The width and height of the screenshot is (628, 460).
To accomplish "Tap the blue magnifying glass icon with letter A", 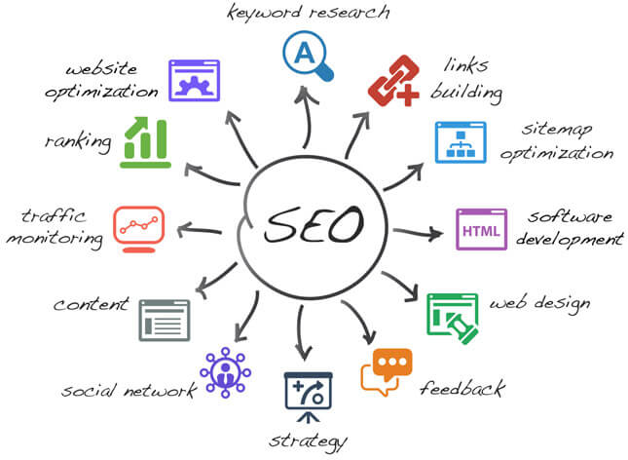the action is [x=308, y=56].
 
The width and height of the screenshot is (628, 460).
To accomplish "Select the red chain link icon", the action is [x=393, y=81].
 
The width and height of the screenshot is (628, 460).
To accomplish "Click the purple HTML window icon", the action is [x=481, y=229].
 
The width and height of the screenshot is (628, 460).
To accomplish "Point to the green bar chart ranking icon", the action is [x=145, y=142].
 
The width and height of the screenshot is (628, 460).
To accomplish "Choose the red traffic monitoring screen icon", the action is [x=138, y=229].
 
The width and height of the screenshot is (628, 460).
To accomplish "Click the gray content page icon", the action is [x=165, y=321].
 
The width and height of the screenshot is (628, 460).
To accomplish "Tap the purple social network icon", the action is [x=225, y=372].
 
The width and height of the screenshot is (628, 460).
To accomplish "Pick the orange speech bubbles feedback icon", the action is [x=387, y=372].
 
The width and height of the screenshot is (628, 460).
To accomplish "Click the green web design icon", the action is [x=453, y=319].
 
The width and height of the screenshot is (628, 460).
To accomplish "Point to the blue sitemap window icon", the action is [x=461, y=142].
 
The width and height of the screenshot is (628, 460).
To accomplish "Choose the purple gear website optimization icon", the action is [x=195, y=81].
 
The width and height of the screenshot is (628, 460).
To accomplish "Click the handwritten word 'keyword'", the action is [x=264, y=12].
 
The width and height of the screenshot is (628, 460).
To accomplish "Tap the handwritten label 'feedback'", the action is [x=462, y=388].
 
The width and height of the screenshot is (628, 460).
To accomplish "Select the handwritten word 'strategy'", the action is [x=308, y=441].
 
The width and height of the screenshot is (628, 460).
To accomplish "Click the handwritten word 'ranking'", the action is [x=78, y=142].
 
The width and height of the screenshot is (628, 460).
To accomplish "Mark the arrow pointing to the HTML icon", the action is [x=418, y=233].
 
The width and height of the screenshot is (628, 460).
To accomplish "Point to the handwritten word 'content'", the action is [x=92, y=304].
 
